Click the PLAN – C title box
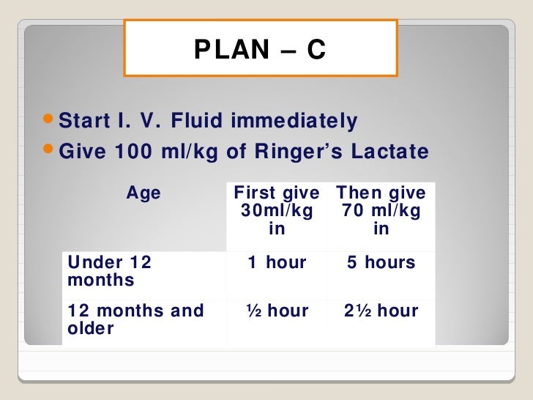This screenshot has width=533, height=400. click(x=261, y=48)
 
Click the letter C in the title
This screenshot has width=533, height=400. click(x=316, y=50)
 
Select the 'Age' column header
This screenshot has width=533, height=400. click(x=143, y=193)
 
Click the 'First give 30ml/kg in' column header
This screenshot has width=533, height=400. click(x=277, y=211)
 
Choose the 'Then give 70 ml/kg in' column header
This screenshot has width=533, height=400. click(x=381, y=211)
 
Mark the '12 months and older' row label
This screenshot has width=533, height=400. click(x=135, y=319)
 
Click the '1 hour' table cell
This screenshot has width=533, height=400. click(x=277, y=263)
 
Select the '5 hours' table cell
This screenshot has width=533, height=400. click(x=381, y=263)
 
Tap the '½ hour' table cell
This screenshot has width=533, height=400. click(x=277, y=311)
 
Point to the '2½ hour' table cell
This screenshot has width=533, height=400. click(x=381, y=311)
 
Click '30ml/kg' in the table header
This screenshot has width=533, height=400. click(x=277, y=211)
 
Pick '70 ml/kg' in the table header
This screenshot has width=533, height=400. click(x=381, y=211)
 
